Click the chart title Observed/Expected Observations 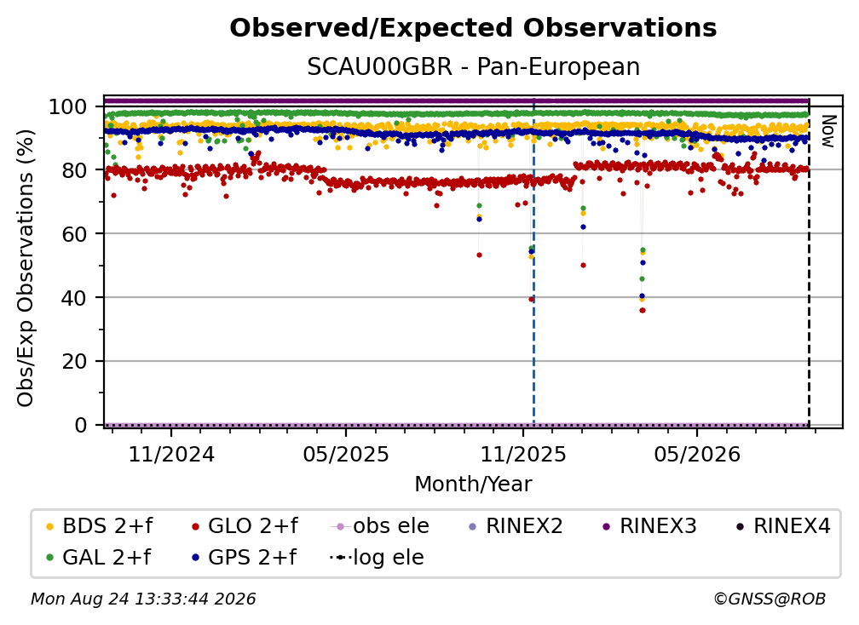coord(473,28)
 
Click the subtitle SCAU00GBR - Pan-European coord(473,66)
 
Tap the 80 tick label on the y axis coord(74,170)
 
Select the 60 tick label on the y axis coord(74,233)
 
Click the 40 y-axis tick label coord(74,298)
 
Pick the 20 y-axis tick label coord(74,361)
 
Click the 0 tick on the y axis coord(80,425)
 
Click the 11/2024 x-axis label coord(171,454)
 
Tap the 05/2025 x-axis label coord(346,454)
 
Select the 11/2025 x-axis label coord(523,454)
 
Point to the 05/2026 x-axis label coord(697,454)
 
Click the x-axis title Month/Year coord(473,485)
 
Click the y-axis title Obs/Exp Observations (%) coord(26,268)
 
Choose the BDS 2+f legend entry coord(100,526)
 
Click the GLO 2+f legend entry coord(245,526)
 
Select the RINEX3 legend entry coord(649,526)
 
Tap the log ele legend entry coord(377,558)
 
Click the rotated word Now coord(828,131)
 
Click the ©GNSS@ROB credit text coord(770,599)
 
